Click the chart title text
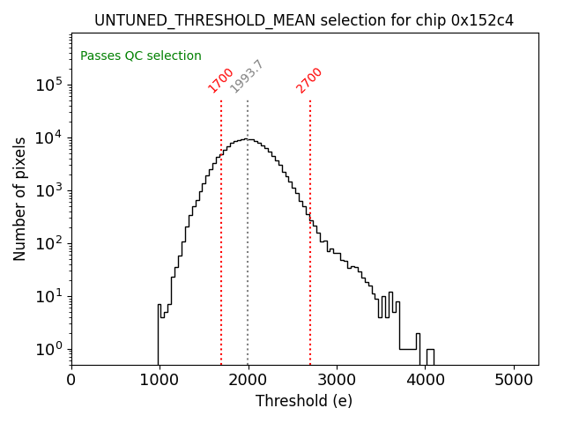[304, 20]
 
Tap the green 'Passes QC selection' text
[141, 56]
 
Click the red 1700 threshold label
[221, 80]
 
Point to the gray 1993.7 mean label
[247, 77]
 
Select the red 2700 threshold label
[309, 80]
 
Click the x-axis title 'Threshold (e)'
[304, 401]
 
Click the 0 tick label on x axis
[71, 380]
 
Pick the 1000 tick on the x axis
[160, 380]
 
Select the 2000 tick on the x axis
[249, 380]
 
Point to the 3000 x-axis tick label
[337, 380]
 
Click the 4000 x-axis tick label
[426, 380]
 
